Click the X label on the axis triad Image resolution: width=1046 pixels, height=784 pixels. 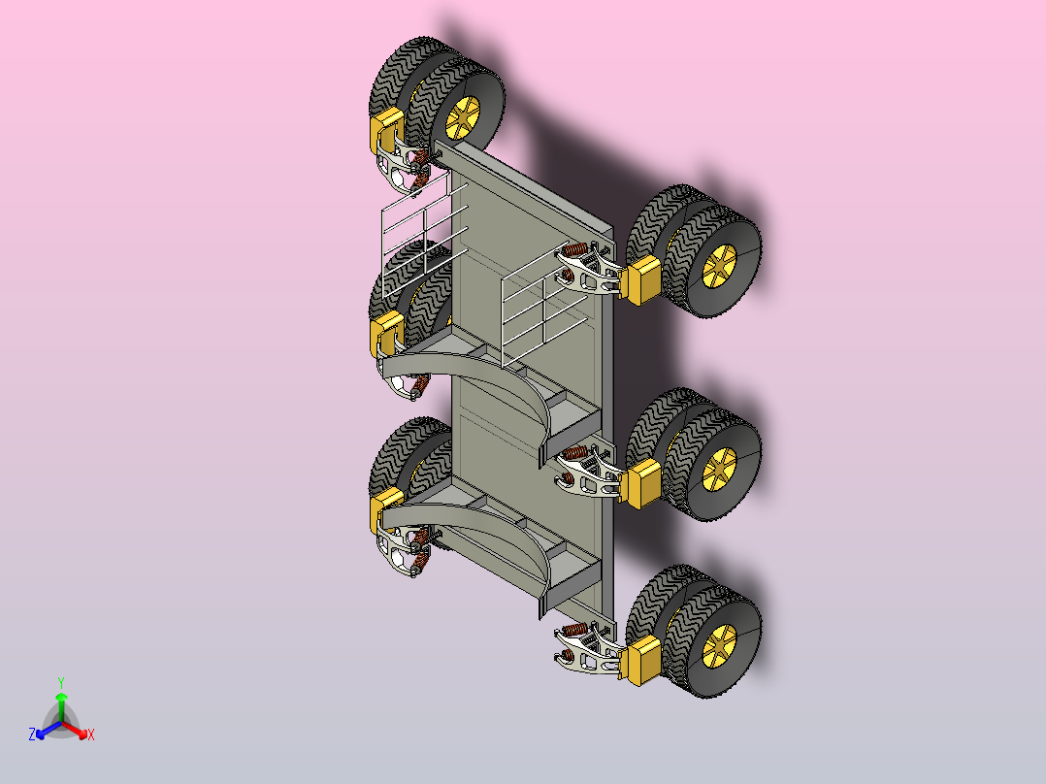click(91, 735)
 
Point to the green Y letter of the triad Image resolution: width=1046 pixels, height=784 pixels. click(61, 682)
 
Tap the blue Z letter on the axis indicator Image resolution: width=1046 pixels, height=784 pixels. click(32, 734)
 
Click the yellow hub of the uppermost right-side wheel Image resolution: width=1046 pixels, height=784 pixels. click(719, 265)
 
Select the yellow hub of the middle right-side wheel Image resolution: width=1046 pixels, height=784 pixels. click(719, 468)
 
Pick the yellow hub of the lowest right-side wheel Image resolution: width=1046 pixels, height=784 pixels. click(719, 645)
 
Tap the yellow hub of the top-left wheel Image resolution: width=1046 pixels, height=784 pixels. click(462, 117)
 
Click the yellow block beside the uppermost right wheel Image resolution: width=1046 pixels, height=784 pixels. click(641, 280)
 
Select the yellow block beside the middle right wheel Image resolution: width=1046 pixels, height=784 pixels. click(641, 483)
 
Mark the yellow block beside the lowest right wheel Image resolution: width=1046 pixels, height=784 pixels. click(641, 661)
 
